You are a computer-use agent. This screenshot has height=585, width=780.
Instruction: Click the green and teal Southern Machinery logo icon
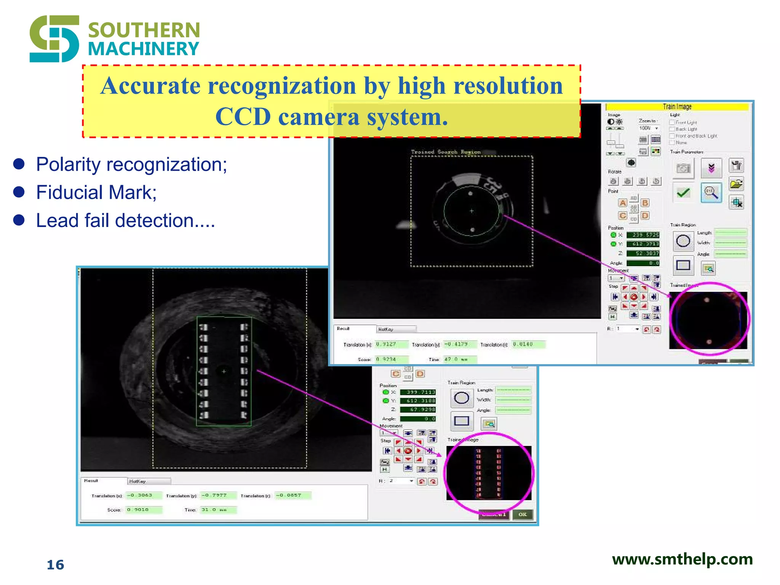point(54,38)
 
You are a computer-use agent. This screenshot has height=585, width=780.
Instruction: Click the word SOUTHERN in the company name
point(144,30)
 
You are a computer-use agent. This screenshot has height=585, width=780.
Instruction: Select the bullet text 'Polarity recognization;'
point(131,165)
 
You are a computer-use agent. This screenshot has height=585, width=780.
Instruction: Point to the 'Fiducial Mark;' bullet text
point(96,192)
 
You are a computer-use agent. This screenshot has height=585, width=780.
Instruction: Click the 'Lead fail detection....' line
point(126,221)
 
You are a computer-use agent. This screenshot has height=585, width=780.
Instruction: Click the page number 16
point(56,565)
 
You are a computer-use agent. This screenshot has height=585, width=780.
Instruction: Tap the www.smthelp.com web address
point(682,559)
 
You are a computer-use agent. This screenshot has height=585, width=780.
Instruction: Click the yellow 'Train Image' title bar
point(677,107)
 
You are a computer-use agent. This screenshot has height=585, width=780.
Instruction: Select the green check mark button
point(683,193)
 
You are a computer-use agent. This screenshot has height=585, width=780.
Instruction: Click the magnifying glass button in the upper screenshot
point(711,193)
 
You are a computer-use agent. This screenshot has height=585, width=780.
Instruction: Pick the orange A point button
point(623,203)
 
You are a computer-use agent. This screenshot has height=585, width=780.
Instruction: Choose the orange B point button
point(645,203)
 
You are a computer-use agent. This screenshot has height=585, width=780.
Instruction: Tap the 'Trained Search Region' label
point(446,152)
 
